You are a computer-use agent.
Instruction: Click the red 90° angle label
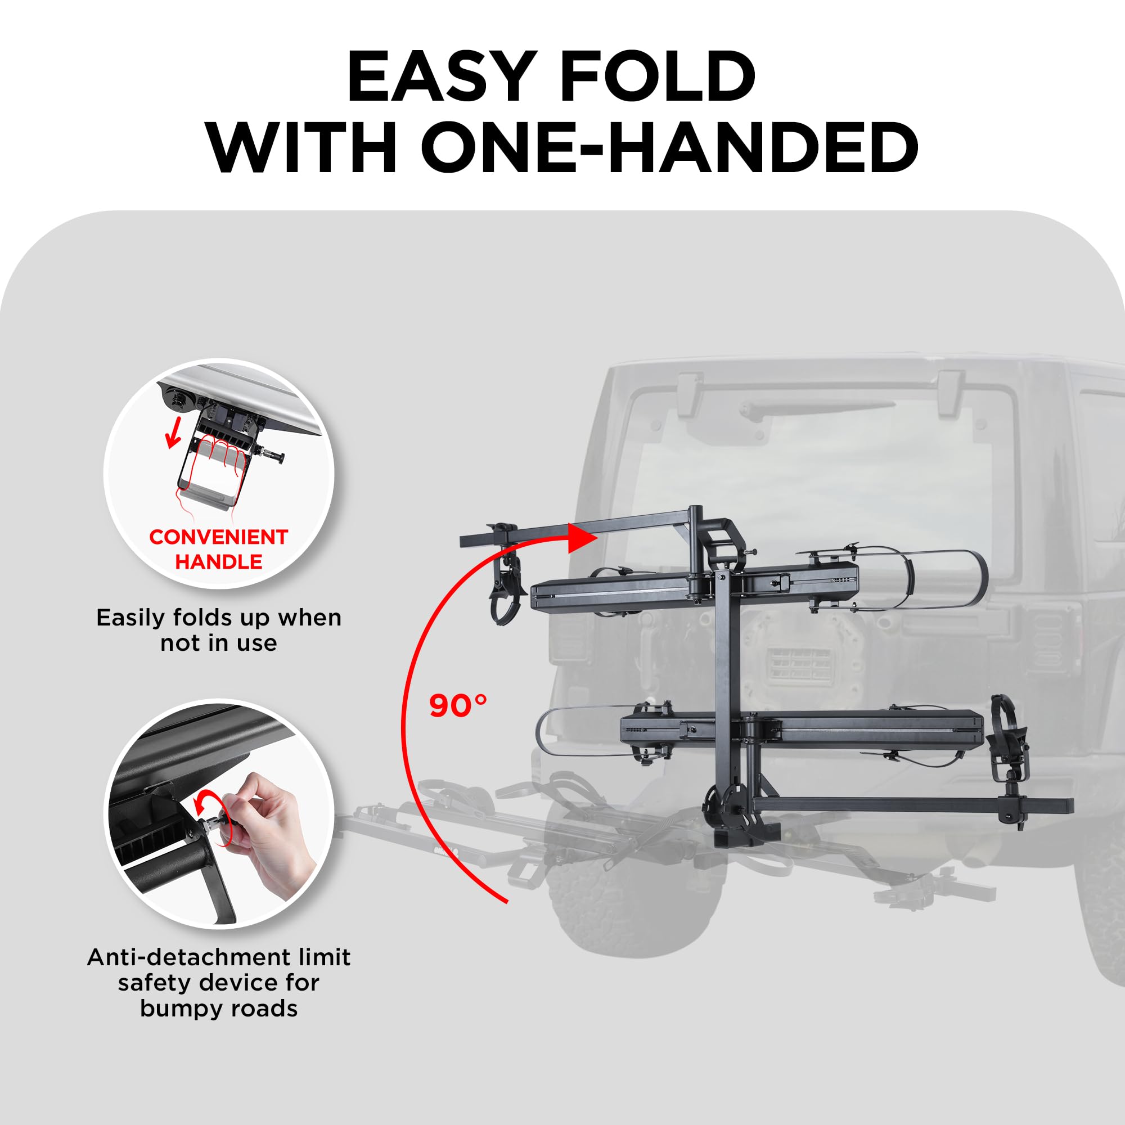tap(458, 706)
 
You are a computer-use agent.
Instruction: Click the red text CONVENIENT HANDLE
tap(218, 548)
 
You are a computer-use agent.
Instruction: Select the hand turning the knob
tap(274, 827)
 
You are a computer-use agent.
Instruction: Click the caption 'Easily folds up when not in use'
tap(218, 630)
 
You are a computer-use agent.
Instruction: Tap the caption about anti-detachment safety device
tap(218, 982)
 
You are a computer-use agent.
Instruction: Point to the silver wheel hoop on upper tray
tap(931, 579)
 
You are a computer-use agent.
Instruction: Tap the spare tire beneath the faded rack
tap(634, 897)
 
